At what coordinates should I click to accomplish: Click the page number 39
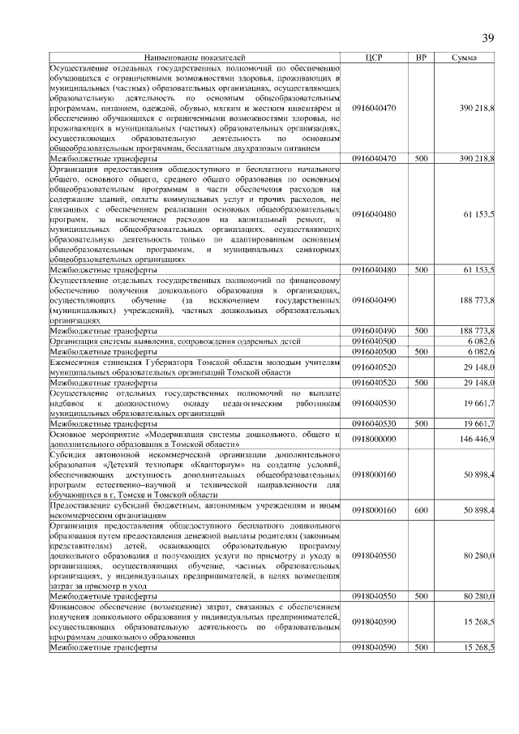488,37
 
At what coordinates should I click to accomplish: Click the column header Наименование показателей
194,58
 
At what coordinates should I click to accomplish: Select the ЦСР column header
374,58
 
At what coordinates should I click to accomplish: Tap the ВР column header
421,58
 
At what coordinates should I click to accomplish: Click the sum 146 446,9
478,439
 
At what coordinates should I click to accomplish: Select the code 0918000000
374,439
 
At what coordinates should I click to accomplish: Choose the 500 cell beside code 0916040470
421,159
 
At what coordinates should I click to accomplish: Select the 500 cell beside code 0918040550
421,597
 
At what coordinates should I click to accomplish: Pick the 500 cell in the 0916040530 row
421,423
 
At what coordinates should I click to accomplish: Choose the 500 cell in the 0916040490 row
421,331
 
